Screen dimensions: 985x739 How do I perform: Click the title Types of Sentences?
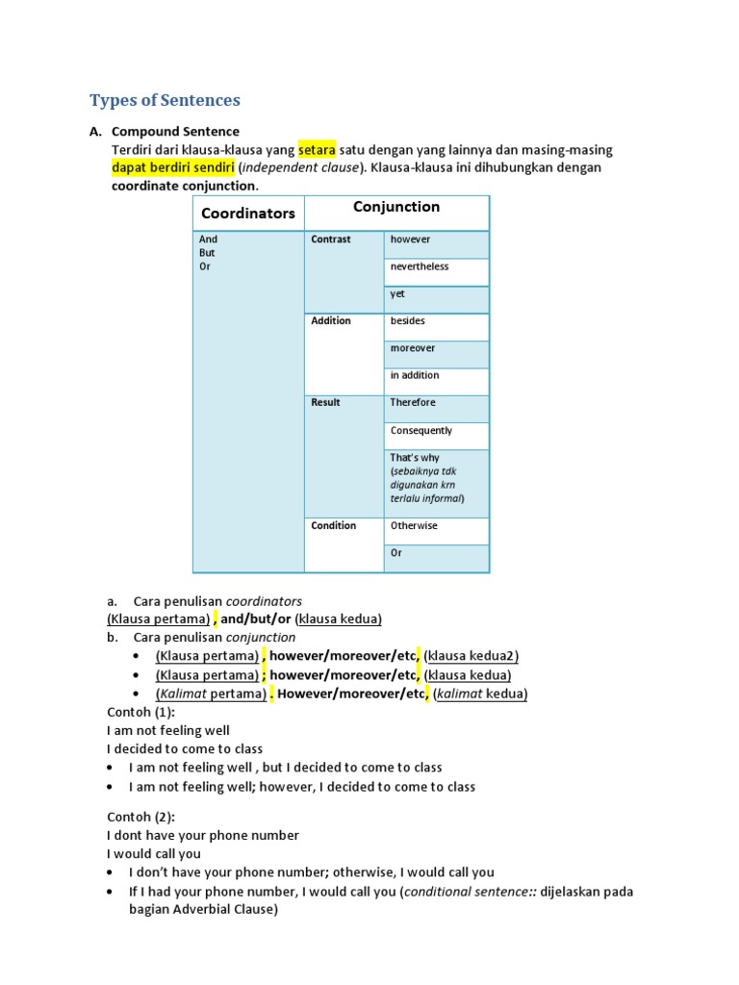165,100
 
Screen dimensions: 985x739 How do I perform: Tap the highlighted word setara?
317,149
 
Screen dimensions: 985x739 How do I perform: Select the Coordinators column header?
248,214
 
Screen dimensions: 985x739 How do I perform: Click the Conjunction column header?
396,207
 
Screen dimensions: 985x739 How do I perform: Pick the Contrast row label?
331,239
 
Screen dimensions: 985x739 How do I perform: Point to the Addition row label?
331,320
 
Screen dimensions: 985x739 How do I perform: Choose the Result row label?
325,402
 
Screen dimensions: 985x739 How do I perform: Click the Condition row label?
333,525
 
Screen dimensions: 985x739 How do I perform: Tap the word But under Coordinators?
207,253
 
